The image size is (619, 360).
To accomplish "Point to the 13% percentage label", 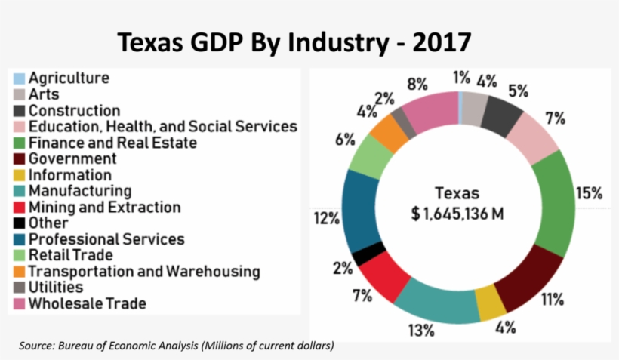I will pyautogui.click(x=420, y=330).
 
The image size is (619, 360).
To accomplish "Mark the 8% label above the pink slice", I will pyautogui.click(x=417, y=84).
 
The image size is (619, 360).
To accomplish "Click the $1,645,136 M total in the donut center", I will pyautogui.click(x=457, y=214).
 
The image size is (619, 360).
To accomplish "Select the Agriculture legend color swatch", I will pyautogui.click(x=19, y=78).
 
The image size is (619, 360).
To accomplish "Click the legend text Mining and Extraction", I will pyautogui.click(x=104, y=207).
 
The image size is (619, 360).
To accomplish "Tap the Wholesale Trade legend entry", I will pyautogui.click(x=87, y=303).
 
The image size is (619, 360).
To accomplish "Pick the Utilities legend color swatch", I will pyautogui.click(x=19, y=288).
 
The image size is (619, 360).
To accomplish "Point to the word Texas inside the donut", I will pyautogui.click(x=457, y=193).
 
